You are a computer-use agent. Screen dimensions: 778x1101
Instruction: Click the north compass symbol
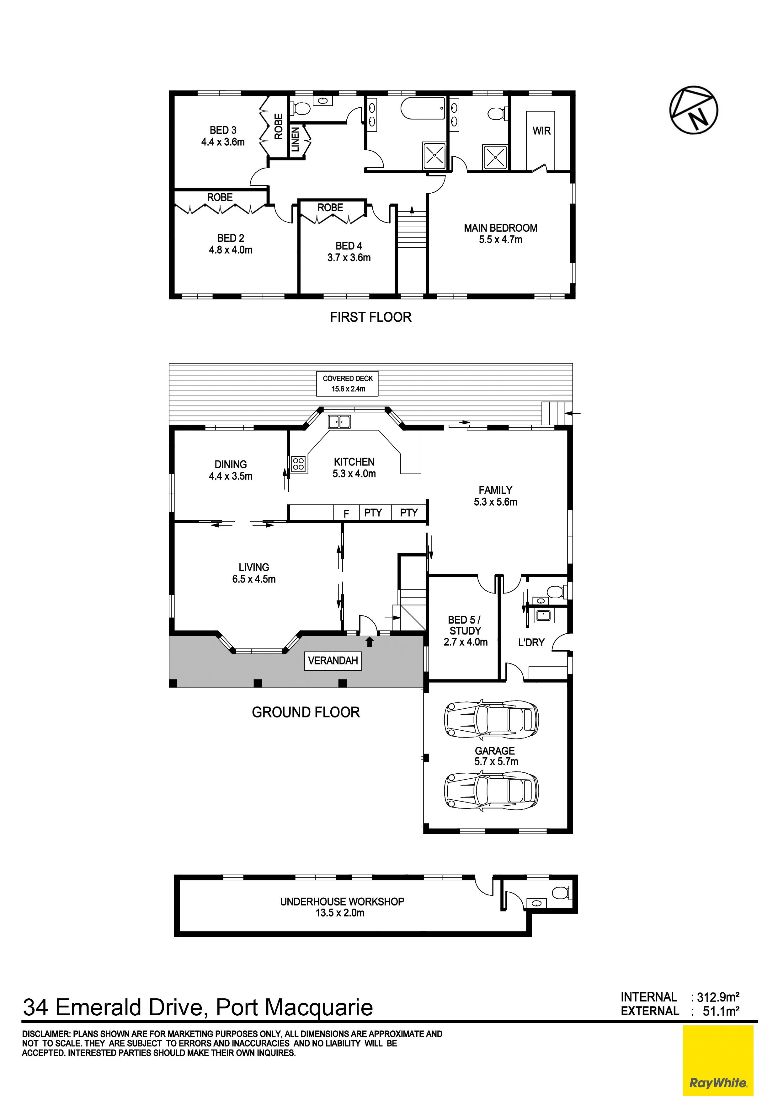694,110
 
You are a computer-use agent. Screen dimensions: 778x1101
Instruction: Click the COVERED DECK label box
348,384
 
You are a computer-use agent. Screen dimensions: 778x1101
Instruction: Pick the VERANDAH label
333,661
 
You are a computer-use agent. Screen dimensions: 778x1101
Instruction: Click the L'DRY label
531,642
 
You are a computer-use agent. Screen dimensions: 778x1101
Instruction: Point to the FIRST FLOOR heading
370,317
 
